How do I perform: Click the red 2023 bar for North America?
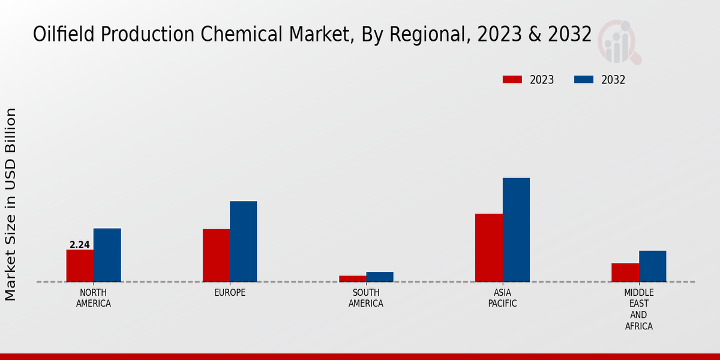tap(80, 266)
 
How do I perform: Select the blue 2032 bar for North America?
tap(107, 255)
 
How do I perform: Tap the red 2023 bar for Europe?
tap(216, 255)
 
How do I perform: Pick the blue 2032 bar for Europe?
tap(243, 241)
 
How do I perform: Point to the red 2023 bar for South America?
tap(352, 278)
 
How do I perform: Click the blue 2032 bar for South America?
tap(380, 277)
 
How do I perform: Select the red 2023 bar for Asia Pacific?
tap(488, 248)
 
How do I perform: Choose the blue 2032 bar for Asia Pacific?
tap(516, 230)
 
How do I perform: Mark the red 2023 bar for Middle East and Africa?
tap(625, 272)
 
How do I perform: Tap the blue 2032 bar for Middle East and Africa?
tap(652, 266)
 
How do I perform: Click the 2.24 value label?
tap(80, 245)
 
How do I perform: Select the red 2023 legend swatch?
tap(512, 80)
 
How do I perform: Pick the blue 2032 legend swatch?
tap(584, 80)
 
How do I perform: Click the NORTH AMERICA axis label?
tap(94, 298)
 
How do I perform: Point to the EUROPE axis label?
tap(230, 293)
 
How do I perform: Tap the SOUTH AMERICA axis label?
tap(366, 298)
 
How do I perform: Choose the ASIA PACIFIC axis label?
tap(502, 298)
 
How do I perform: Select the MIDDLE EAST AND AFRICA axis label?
tap(638, 310)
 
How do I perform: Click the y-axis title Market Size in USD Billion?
tap(11, 204)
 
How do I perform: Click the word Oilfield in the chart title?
tap(64, 35)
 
